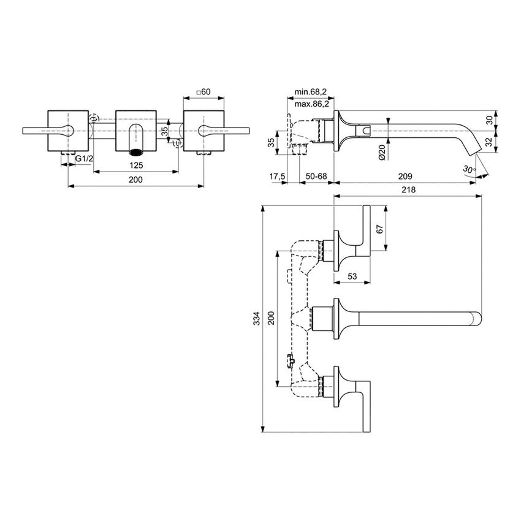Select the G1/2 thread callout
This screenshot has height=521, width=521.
[84, 159]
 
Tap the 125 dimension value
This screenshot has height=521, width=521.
[136, 166]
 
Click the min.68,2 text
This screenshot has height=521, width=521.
[311, 91]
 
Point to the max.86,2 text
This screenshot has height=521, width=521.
[311, 105]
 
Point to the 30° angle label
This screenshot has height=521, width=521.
[470, 169]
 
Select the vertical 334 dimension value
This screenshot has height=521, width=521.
[257, 319]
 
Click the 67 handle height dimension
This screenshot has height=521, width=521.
[379, 228]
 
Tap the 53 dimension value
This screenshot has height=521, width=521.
[352, 276]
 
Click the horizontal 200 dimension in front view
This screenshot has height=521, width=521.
[135, 180]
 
